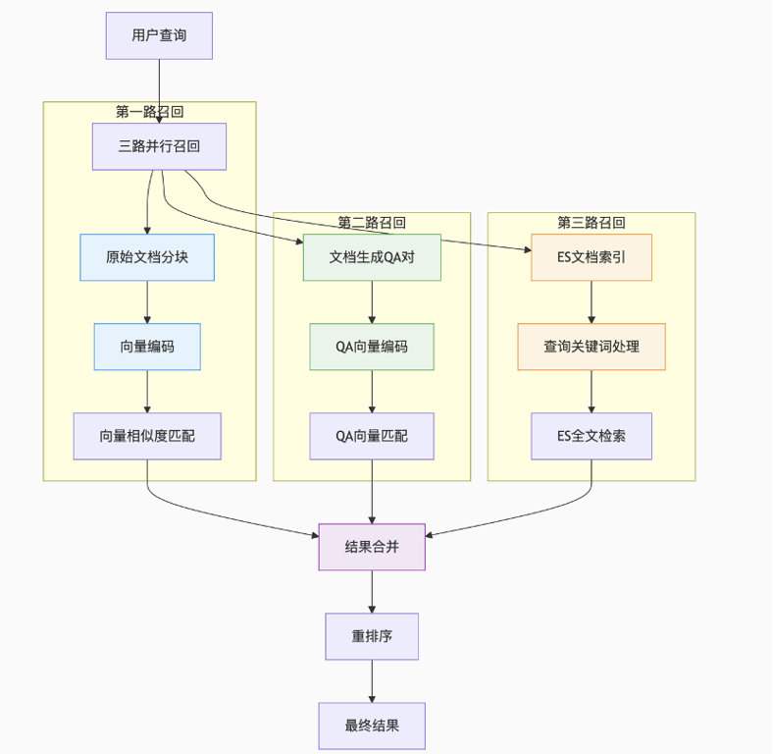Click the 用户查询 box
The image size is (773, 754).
click(159, 35)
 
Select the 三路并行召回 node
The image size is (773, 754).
click(159, 146)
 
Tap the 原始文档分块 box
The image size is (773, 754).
click(147, 257)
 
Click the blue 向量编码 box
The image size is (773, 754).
click(147, 347)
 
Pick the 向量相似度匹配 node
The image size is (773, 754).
click(147, 436)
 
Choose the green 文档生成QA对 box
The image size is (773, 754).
click(372, 257)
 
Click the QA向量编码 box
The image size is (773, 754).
click(372, 347)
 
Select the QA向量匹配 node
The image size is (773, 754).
click(372, 436)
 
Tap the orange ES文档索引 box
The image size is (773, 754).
click(591, 257)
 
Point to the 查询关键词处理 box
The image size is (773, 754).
click(591, 347)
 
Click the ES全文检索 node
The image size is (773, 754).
click(591, 436)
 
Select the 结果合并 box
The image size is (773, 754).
click(372, 547)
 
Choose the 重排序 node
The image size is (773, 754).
click(372, 636)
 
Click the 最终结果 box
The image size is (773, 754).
click(372, 726)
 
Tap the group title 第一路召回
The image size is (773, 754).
click(149, 112)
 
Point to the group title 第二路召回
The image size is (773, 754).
click(372, 223)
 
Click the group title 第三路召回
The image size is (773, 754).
click(591, 223)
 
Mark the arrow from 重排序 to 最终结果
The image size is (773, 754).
click(372, 681)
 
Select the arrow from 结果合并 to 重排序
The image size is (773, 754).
click(372, 592)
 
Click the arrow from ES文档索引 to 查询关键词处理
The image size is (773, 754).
click(591, 302)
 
